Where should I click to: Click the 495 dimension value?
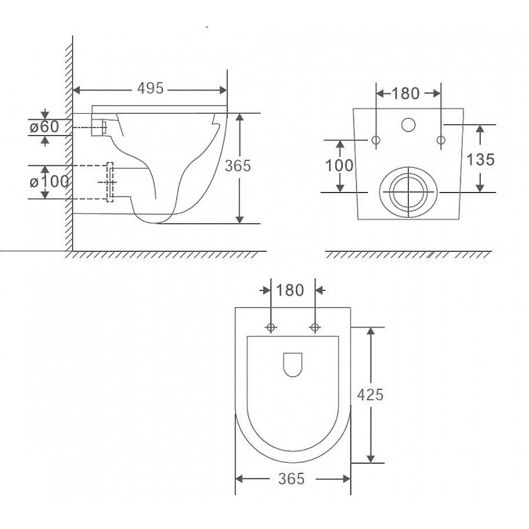point(150,88)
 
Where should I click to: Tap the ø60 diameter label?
point(44,127)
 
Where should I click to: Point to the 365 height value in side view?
point(238,166)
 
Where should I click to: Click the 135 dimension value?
point(480,159)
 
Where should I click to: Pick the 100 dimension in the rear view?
point(339,165)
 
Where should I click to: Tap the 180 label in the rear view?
point(406,93)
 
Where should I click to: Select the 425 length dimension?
point(370,394)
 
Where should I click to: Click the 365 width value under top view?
point(292,478)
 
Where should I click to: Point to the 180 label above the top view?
point(290,290)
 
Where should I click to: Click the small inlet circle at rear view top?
point(409,125)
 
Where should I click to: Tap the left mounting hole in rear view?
point(376,140)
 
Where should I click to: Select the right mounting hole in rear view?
point(441,140)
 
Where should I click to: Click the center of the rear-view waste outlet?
point(409,192)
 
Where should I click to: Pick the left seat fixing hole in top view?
point(271,327)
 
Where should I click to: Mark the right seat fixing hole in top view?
point(315,327)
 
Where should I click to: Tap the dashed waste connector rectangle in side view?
point(110,182)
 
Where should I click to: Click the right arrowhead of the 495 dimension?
point(223,90)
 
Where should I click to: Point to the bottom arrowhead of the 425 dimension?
point(371,459)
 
